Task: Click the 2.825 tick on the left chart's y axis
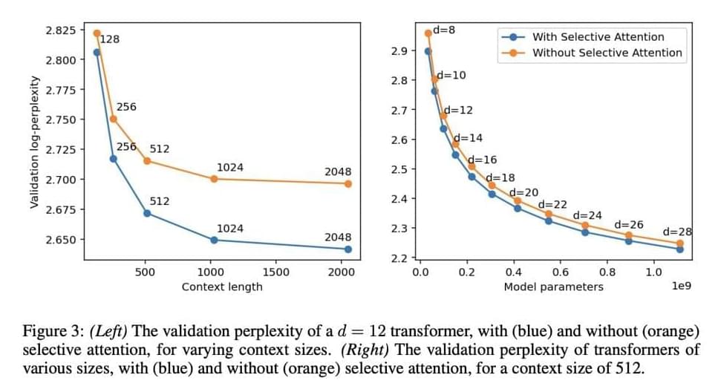tap(61, 30)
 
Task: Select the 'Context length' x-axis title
tap(222, 287)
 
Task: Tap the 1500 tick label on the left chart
tap(275, 272)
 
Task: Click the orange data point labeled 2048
tap(348, 183)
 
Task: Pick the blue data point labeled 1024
tap(214, 240)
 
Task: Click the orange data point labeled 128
tap(97, 33)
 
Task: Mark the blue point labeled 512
tap(147, 213)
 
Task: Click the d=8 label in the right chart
tap(444, 30)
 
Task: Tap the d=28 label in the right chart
tap(677, 232)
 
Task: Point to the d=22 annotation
tap(552, 204)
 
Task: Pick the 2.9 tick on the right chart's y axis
tap(398, 51)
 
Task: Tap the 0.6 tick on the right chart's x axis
tap(560, 272)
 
